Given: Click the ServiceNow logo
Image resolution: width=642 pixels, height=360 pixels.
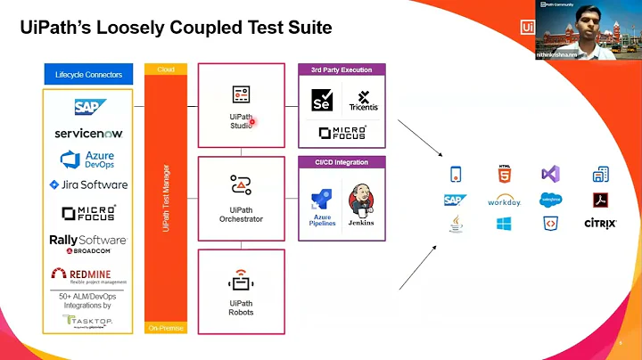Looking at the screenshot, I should point(88,133).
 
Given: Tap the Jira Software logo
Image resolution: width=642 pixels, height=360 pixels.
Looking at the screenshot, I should point(88,185).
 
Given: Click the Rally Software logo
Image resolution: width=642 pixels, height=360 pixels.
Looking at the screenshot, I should point(87,243).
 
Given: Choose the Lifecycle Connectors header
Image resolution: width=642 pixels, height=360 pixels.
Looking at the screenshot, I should point(88,74).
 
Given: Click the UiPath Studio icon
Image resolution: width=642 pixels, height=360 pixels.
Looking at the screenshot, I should point(241,94).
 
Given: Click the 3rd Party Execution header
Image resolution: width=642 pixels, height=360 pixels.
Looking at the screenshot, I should point(342,69).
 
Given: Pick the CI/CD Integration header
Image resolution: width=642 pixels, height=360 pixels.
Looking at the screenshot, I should point(342,161).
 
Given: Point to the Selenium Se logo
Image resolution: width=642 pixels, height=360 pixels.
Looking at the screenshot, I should point(321,100).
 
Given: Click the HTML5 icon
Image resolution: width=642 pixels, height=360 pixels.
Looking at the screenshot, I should point(505,174).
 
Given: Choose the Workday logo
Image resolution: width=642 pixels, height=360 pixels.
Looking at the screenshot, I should point(505,200).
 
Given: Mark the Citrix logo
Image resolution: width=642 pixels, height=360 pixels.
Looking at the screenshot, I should point(600,224).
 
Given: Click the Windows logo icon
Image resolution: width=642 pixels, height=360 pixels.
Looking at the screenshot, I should point(505,224).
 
